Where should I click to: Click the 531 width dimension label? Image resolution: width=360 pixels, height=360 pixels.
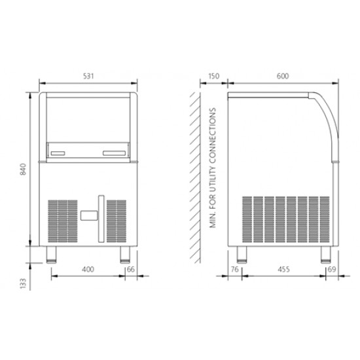tap(88, 76)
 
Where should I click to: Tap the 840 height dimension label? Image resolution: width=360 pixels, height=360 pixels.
tap(24, 170)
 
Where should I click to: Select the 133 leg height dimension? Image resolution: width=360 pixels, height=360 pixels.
tap(24, 283)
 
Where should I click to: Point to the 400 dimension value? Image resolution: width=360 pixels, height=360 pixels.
tap(88, 269)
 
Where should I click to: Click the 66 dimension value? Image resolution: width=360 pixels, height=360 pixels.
tap(131, 269)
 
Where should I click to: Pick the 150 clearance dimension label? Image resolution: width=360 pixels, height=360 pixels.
tap(213, 76)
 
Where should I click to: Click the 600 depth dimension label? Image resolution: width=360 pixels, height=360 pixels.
tap(283, 76)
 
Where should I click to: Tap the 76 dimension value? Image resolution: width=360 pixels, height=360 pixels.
tap(234, 269)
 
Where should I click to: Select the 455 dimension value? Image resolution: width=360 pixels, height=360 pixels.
tap(283, 269)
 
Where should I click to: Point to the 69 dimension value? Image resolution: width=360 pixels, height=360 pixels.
tap(332, 269)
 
